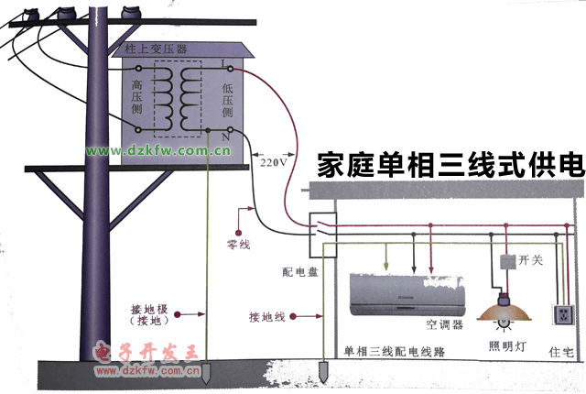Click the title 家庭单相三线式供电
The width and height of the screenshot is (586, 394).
(450, 165)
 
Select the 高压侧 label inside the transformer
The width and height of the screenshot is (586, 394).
(137, 96)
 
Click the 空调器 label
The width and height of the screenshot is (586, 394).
(443, 324)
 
